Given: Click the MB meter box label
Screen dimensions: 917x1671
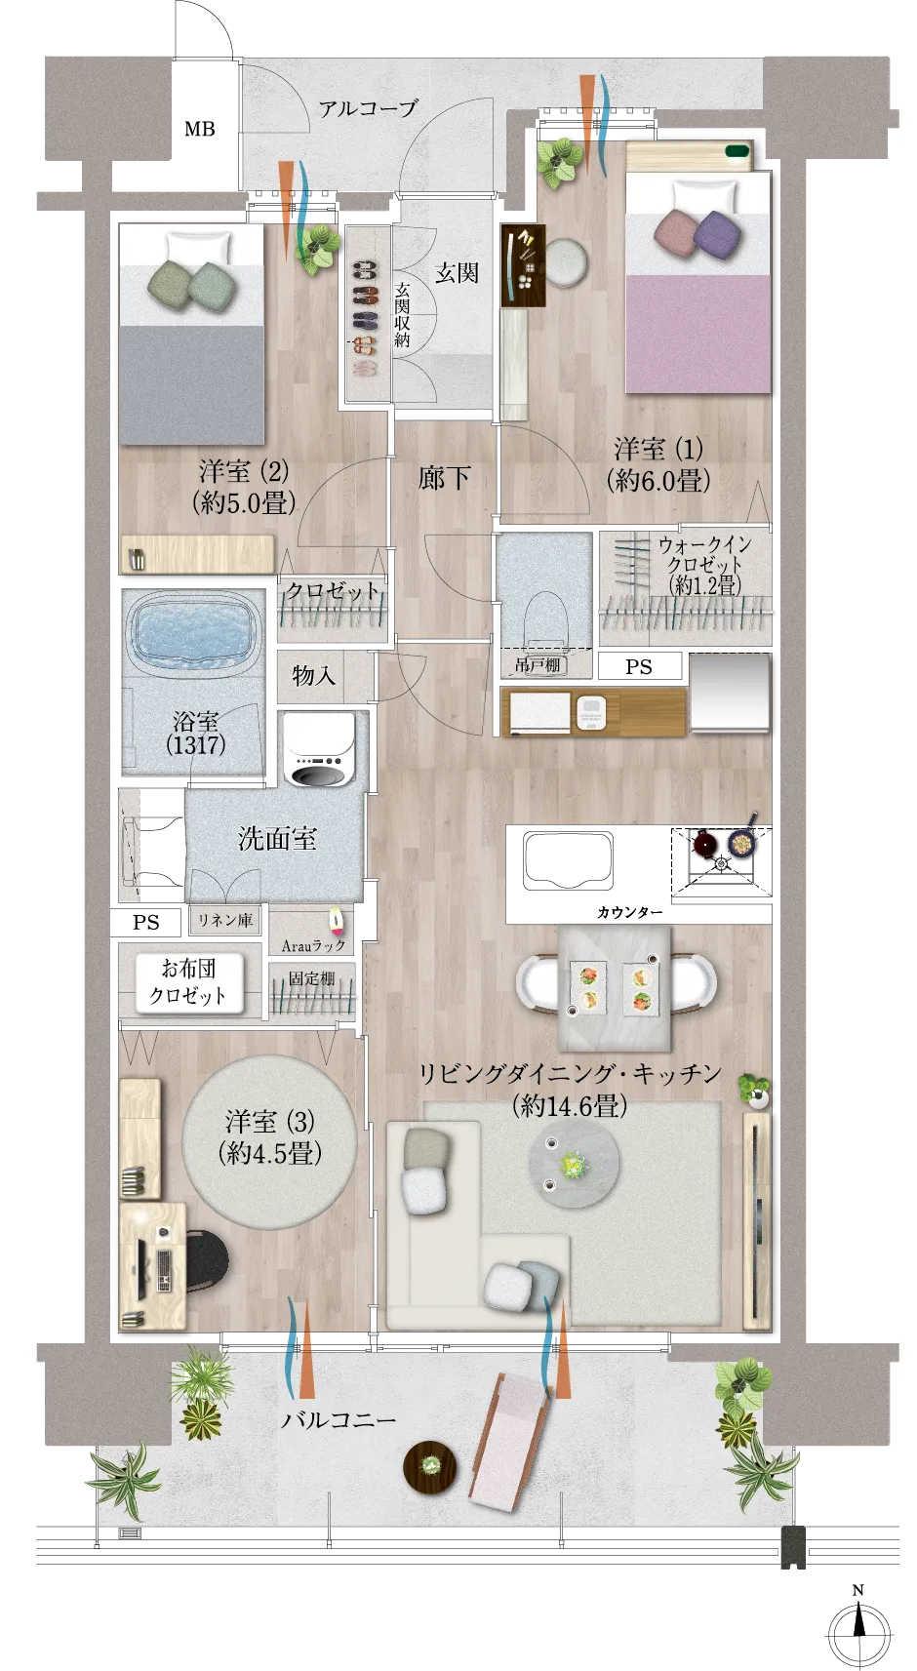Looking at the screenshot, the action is click(x=199, y=129).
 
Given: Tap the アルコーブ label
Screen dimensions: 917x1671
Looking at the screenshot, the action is click(x=368, y=109).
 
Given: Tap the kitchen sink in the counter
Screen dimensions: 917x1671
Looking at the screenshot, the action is click(x=569, y=861).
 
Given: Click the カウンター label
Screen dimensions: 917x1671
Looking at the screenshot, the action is click(x=630, y=912).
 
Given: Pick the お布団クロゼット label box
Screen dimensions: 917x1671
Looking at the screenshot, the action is click(x=189, y=982).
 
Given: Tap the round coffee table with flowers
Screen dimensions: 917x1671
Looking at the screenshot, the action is click(x=574, y=1165).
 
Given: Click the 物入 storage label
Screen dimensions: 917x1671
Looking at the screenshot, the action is click(x=313, y=676).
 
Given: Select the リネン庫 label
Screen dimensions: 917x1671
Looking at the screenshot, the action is click(x=224, y=921).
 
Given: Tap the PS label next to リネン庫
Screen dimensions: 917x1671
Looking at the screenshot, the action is click(x=146, y=923).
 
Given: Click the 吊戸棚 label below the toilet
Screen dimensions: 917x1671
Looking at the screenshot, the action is click(x=538, y=664).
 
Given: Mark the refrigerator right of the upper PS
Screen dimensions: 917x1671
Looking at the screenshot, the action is click(x=730, y=693).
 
